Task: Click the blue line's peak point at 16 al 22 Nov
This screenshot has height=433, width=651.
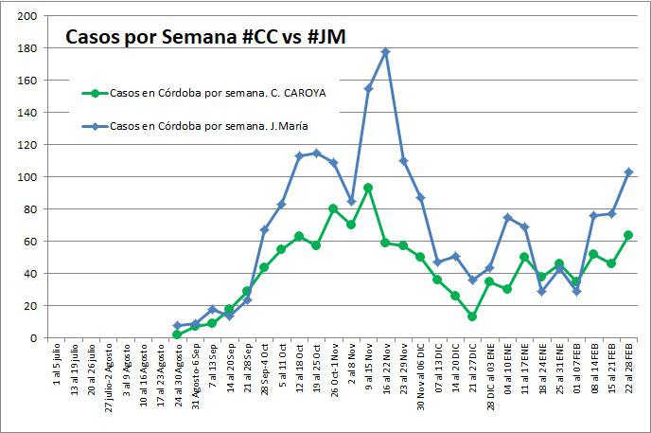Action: coord(385,51)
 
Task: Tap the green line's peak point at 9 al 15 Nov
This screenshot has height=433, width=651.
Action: coord(368,188)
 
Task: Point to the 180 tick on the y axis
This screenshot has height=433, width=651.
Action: coord(27,48)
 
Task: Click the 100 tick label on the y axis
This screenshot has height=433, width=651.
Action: coord(27,177)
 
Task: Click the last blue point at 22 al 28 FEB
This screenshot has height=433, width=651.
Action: coord(628,171)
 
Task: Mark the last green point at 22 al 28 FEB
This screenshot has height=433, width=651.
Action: coord(628,235)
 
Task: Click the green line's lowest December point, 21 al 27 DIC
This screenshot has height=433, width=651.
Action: coord(472,316)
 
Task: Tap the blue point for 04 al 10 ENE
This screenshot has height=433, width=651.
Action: coord(507,217)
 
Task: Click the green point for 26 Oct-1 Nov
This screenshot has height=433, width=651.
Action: coord(333,208)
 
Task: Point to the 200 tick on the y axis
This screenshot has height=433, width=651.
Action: coord(27,16)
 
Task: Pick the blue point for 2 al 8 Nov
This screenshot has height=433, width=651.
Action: coord(351,201)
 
